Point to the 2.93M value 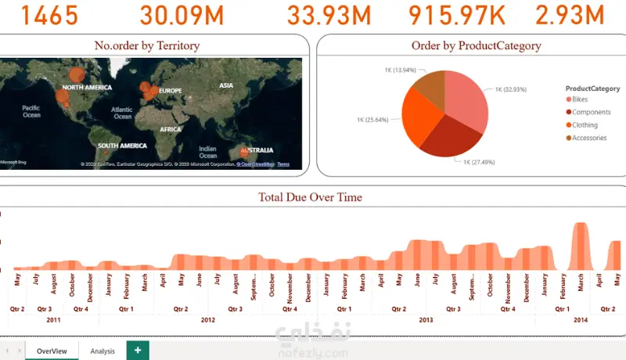click(x=570, y=15)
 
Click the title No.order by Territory click(x=146, y=46)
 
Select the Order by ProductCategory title click(x=476, y=46)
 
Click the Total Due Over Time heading click(x=311, y=197)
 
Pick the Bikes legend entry click(x=579, y=99)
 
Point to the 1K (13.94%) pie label click(x=400, y=70)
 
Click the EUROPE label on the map click(x=170, y=91)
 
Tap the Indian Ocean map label click(x=207, y=151)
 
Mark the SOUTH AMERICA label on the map click(x=122, y=146)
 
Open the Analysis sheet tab click(x=103, y=351)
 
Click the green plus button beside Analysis click(x=138, y=351)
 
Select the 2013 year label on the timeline click(x=426, y=320)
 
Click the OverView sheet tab click(x=52, y=351)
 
